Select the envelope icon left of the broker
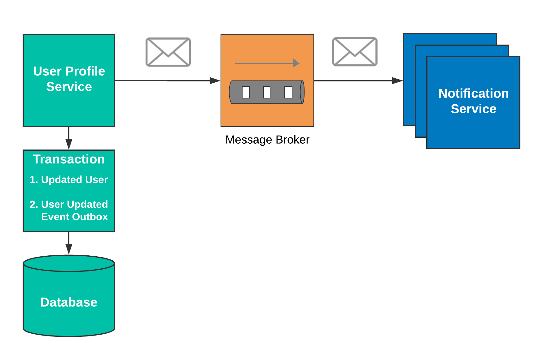(x=168, y=52)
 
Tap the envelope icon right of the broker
(x=355, y=52)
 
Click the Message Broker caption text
(x=267, y=140)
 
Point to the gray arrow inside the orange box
(x=267, y=63)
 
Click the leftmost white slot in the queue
(x=246, y=92)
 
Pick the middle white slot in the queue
(x=267, y=92)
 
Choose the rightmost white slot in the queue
(x=288, y=92)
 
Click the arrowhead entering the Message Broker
(x=215, y=81)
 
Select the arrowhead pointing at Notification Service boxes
(x=397, y=81)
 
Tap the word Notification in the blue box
(x=473, y=93)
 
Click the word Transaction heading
(x=69, y=159)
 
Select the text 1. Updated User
(x=69, y=180)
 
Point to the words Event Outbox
(x=74, y=217)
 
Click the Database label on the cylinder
(x=69, y=302)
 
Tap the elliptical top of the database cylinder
(x=69, y=263)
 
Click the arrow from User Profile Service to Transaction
(x=69, y=138)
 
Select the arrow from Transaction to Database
(x=69, y=243)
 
